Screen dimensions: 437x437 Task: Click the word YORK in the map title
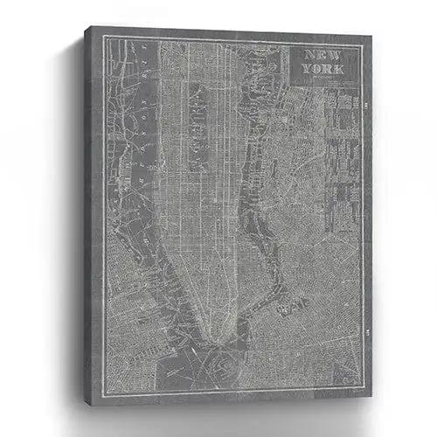pos(323,68)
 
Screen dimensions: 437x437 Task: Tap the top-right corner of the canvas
pos(371,37)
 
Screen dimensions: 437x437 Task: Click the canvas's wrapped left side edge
pos(90,201)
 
